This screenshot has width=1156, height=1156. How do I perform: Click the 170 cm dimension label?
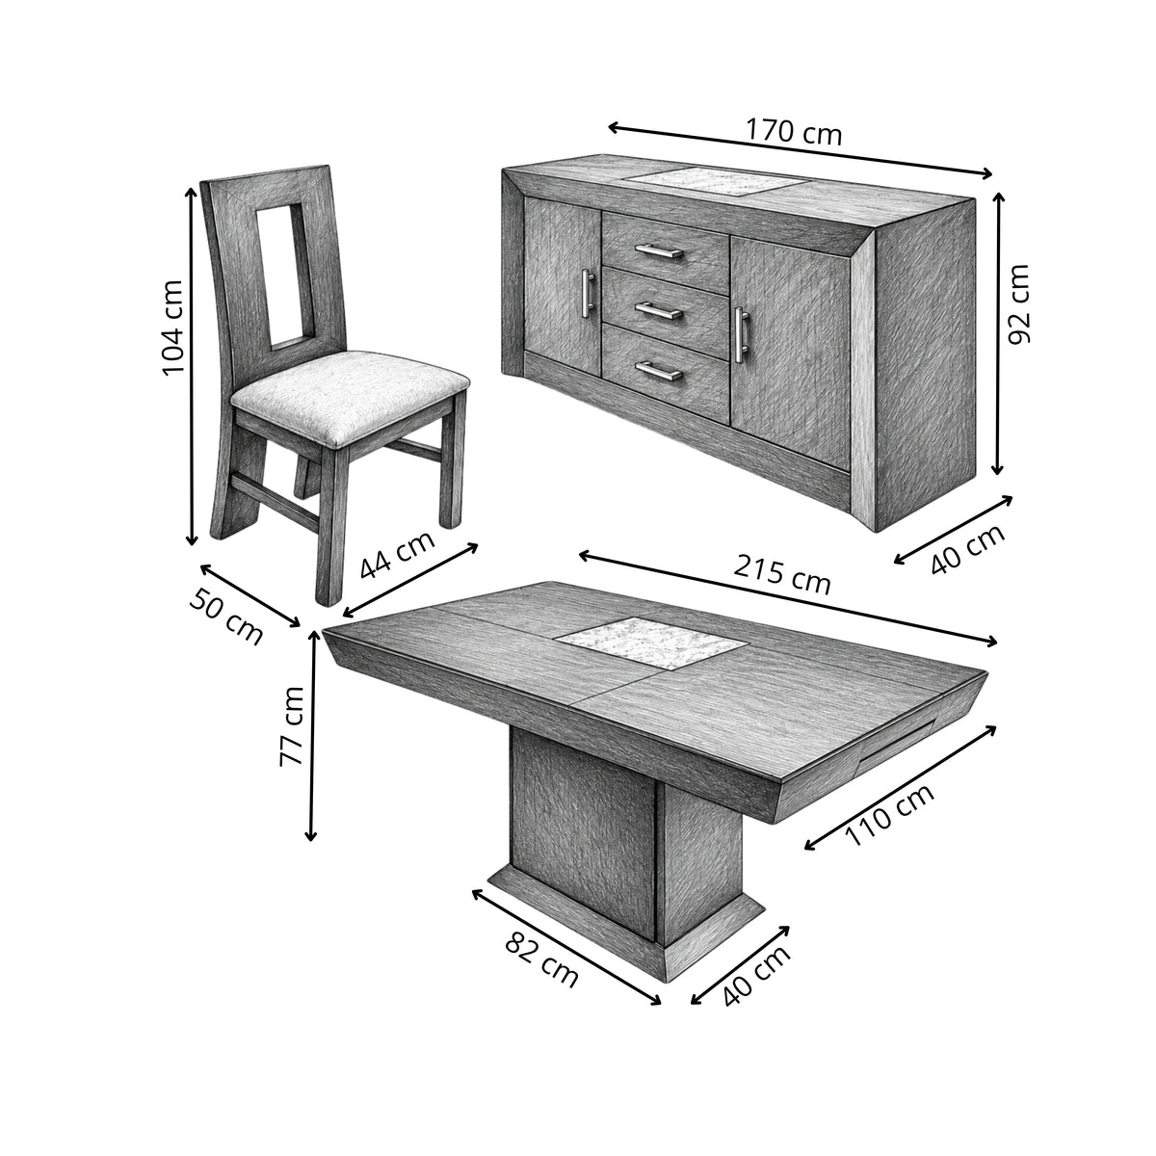(x=794, y=133)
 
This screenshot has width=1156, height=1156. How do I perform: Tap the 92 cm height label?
(x=1018, y=304)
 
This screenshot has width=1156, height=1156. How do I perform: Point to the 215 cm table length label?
(x=782, y=575)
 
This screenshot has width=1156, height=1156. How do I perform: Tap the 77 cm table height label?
(x=292, y=726)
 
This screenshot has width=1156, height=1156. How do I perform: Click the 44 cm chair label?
(x=397, y=555)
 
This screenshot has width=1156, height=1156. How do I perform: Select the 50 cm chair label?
(x=226, y=617)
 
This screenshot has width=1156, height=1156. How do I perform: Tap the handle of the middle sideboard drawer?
(x=659, y=311)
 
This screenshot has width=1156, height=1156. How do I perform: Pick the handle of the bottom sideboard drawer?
(x=659, y=370)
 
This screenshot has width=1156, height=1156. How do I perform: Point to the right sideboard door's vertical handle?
(x=742, y=334)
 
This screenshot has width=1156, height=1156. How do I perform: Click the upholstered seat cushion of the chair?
(x=350, y=396)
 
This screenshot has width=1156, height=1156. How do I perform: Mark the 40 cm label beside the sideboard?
(x=967, y=548)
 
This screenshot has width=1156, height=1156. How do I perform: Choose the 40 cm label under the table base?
(x=756, y=976)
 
